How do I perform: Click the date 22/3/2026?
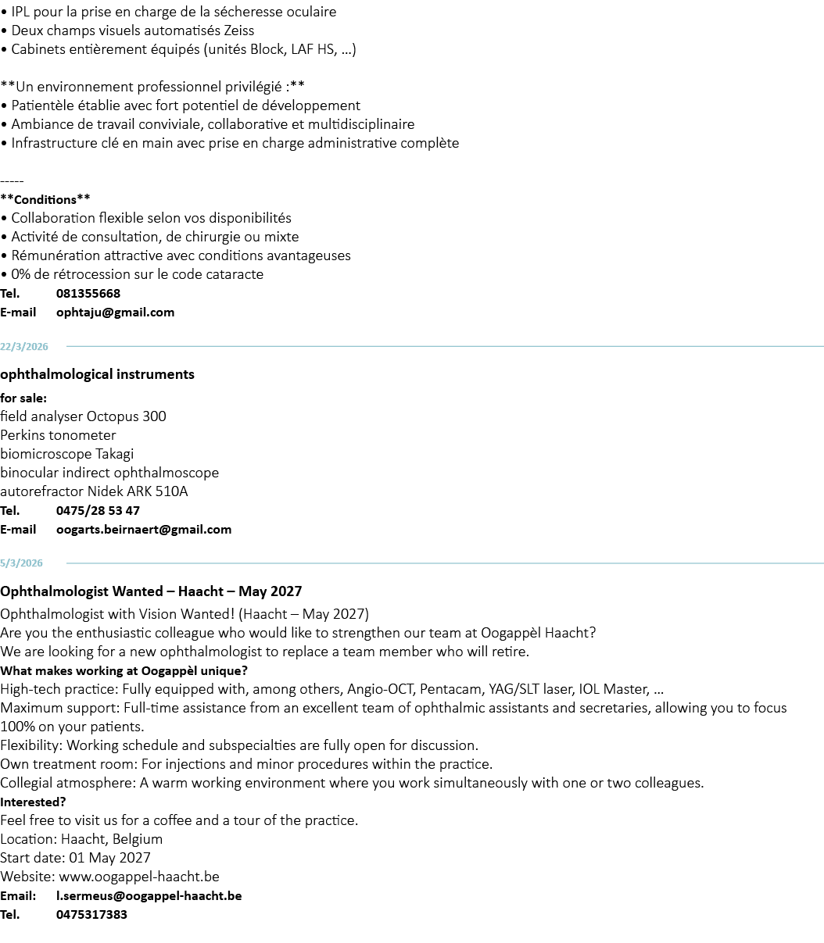[x=24, y=347]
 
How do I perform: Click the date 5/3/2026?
[x=21, y=563]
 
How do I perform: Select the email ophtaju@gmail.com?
[x=115, y=313]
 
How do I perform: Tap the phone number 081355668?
[x=88, y=294]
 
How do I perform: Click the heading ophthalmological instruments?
[x=97, y=374]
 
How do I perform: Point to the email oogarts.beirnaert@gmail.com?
[x=144, y=530]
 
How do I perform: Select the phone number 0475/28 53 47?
[x=98, y=511]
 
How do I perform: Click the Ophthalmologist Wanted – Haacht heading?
[x=151, y=591]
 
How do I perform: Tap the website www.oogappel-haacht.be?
[x=139, y=877]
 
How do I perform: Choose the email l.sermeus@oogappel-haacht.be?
[x=149, y=895]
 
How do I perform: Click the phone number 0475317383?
[x=91, y=914]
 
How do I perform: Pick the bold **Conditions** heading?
[x=45, y=199]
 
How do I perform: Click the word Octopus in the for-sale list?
[x=113, y=416]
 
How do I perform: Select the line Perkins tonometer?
[x=58, y=435]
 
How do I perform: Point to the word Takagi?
[x=114, y=455]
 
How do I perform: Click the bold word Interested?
[x=33, y=802]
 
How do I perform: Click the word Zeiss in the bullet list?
[x=239, y=30]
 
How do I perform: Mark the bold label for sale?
[x=23, y=398]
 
